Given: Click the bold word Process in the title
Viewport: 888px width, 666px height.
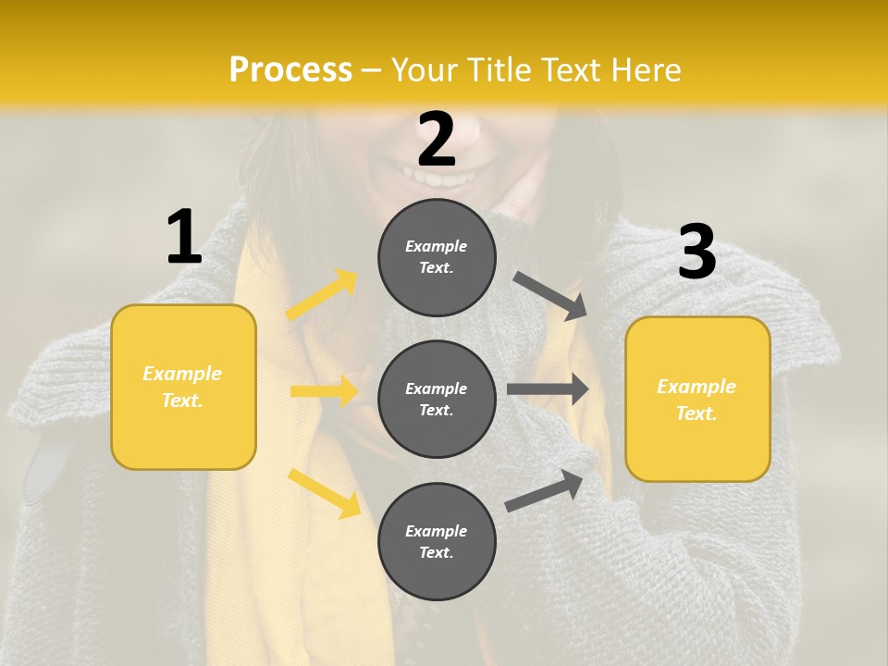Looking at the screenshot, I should pos(290,70).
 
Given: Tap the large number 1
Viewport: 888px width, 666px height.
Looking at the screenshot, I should pos(184,238).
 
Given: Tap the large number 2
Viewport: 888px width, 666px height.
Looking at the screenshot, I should pos(437,140).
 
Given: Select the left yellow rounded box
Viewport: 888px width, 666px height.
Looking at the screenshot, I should pos(183,387).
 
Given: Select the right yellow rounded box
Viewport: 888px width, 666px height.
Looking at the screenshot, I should pos(697,399).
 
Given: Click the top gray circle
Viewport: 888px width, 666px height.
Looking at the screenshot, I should pos(437,257).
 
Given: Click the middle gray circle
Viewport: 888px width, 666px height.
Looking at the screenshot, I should pos(437,399).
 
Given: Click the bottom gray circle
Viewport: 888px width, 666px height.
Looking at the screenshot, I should pos(437,541).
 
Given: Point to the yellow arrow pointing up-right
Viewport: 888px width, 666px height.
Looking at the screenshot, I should pos(322,294).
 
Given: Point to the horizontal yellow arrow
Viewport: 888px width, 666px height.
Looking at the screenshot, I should pos(324,391).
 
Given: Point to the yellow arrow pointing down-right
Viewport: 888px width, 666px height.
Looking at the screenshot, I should pos(325,492).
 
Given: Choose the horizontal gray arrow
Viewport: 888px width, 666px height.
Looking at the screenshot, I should pos(548,389).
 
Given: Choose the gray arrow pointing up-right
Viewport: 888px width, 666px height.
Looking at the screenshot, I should pos(544,490).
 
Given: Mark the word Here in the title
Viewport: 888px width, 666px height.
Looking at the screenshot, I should pos(647,70).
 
